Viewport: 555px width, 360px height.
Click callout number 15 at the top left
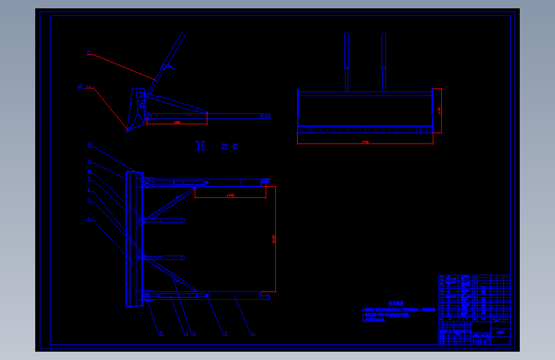pyautogui.click(x=89, y=52)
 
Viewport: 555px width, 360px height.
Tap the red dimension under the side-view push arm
pyautogui.click(x=177, y=122)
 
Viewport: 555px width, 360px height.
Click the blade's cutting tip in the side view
pyautogui.click(x=127, y=131)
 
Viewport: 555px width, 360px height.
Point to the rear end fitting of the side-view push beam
pyautogui.click(x=265, y=116)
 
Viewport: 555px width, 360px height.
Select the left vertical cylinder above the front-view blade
pyautogui.click(x=347, y=51)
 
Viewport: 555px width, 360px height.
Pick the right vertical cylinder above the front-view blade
pyautogui.click(x=383, y=51)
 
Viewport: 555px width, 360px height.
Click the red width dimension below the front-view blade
pyautogui.click(x=365, y=142)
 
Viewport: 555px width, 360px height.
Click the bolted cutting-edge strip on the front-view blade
pyautogui.click(x=365, y=129)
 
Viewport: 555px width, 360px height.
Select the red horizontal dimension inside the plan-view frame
pyautogui.click(x=230, y=195)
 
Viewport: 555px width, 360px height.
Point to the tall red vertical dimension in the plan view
pyautogui.click(x=275, y=238)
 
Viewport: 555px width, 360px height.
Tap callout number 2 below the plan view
pyautogui.click(x=225, y=334)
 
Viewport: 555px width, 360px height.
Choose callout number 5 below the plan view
pyautogui.click(x=161, y=334)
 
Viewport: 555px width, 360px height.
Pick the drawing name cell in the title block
pyautogui.click(x=500, y=332)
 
